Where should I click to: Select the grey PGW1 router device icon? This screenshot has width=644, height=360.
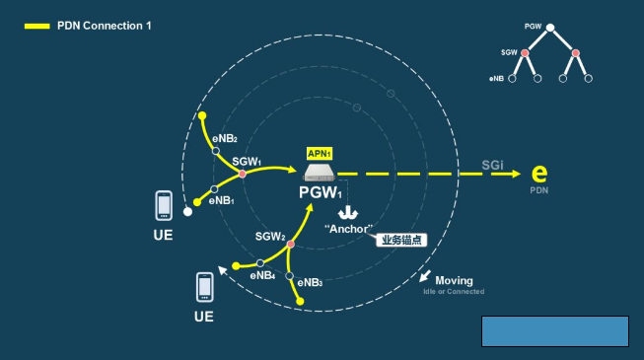(322, 173)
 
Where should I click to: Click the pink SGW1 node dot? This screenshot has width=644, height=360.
(243, 175)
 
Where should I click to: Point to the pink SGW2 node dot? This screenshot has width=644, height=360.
(291, 244)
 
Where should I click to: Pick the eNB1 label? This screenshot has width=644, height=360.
(220, 200)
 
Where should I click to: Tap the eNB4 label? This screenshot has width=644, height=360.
(262, 277)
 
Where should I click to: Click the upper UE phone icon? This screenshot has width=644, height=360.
(165, 205)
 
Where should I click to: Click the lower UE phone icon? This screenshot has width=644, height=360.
(204, 286)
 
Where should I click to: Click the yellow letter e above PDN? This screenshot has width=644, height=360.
(539, 175)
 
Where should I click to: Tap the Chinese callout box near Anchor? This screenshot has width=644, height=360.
(404, 240)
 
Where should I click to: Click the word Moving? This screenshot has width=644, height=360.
(454, 280)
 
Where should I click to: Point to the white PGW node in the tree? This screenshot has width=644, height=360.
(550, 27)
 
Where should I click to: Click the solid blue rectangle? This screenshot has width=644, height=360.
(554, 331)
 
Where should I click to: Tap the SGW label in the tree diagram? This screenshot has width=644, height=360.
(509, 52)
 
